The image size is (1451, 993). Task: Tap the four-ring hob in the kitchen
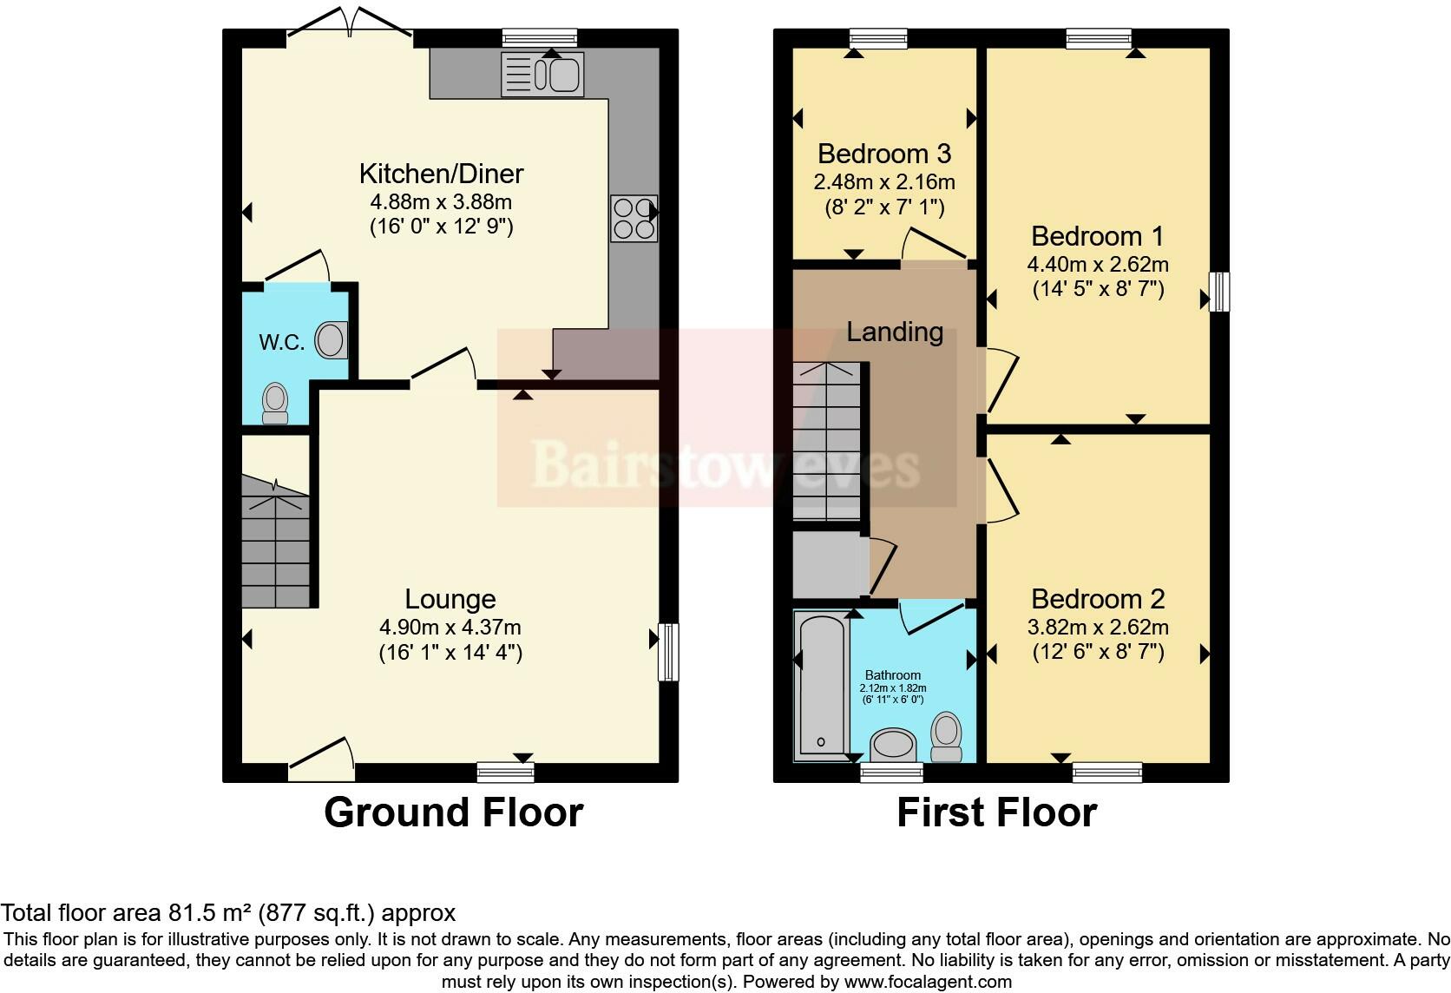coord(634,219)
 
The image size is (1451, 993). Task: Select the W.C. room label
coord(281,342)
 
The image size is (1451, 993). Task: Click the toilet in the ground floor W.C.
coord(275,403)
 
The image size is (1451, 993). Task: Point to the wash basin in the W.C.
coord(331,340)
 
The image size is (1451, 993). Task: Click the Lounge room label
coord(450,599)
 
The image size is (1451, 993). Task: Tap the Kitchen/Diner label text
coord(441,174)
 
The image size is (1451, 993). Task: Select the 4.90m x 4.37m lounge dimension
coord(450,627)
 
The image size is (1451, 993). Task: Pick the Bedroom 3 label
coord(884,154)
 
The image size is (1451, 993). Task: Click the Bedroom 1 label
coord(1098,236)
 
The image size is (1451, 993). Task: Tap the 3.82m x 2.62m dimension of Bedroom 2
coord(1098,627)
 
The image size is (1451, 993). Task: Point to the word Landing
coord(895,332)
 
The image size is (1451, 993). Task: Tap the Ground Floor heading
coord(453,812)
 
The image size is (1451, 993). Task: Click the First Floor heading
coord(996,812)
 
